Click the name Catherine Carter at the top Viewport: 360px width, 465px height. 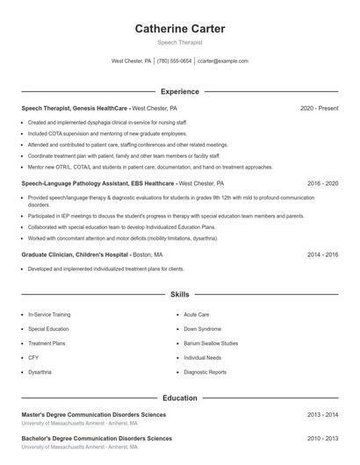(180, 29)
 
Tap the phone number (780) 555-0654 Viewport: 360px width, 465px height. (174, 61)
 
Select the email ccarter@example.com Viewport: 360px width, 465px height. (222, 61)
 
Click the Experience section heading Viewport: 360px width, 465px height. (180, 91)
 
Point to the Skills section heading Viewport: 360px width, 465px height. (180, 295)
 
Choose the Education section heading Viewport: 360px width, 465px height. (180, 397)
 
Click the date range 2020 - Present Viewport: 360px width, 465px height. (319, 108)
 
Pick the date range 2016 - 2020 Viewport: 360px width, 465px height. (322, 183)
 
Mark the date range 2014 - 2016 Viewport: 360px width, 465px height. (322, 254)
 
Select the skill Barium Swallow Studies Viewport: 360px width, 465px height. (211, 343)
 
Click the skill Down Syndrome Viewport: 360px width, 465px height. (203, 328)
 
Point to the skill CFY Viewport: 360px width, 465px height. (33, 358)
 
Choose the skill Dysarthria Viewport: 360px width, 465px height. (40, 372)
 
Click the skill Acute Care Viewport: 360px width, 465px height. (197, 313)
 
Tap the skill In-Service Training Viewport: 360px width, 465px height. (49, 313)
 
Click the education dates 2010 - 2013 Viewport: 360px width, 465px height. (322, 438)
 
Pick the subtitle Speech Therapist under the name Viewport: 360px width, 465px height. (180, 42)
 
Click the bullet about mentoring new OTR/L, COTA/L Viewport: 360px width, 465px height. (150, 167)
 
